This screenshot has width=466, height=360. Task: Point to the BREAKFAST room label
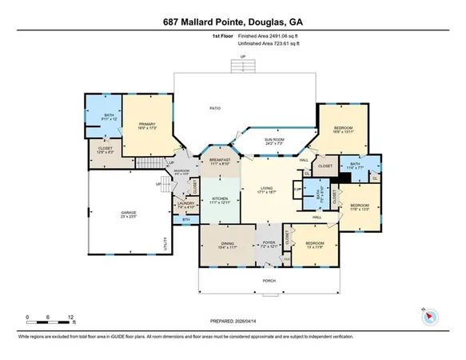coord(220,160)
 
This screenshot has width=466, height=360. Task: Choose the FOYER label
coord(269,243)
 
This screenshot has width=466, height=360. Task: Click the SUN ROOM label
coord(275,141)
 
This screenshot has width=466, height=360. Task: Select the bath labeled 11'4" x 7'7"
coord(356,166)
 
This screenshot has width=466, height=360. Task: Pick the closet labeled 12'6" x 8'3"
coord(105,150)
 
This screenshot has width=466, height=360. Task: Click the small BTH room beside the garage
coord(185,219)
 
